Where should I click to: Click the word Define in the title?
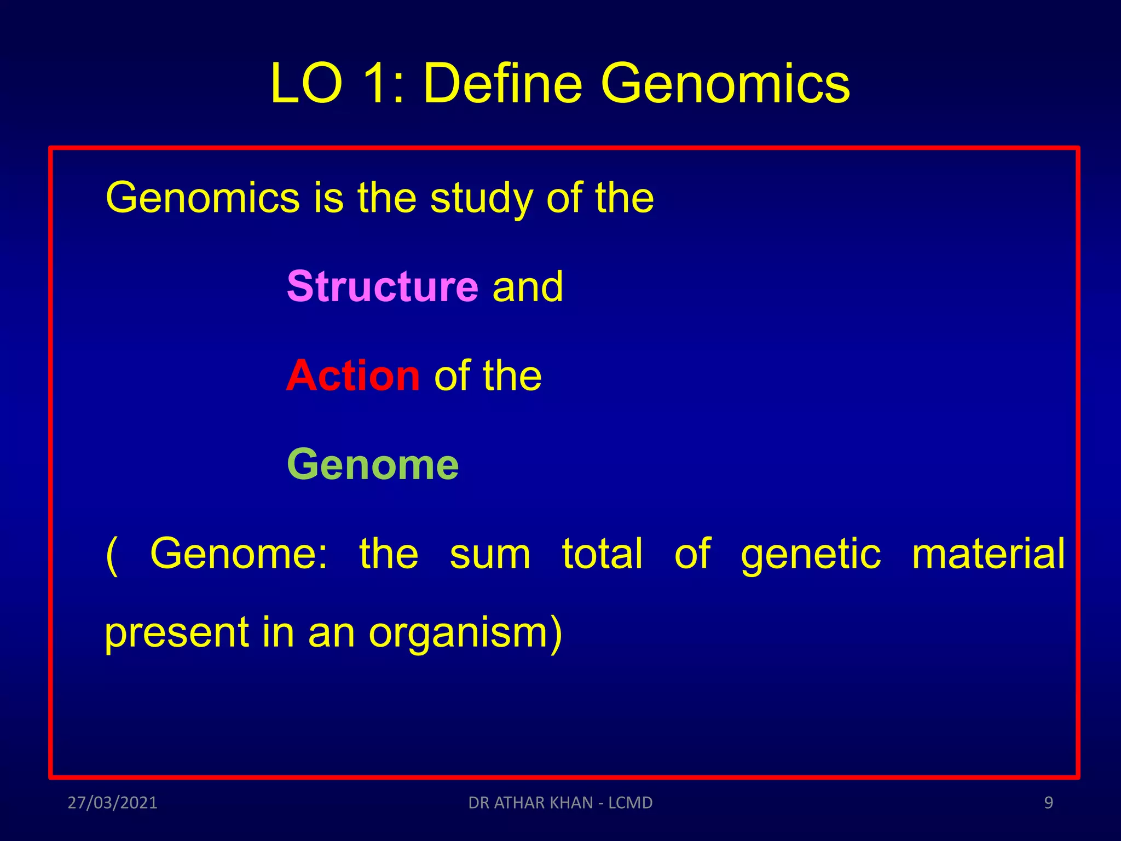(502, 83)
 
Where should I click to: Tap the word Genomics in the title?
(725, 83)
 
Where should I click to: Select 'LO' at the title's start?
(307, 83)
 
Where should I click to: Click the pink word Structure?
(383, 286)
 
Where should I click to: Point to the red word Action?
(353, 376)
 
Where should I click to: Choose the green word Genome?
(373, 464)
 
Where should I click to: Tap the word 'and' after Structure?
(528, 286)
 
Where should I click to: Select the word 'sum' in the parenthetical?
(490, 554)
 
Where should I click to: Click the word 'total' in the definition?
(602, 554)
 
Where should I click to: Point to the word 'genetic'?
(811, 554)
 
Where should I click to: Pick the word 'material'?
(988, 554)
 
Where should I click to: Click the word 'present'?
(176, 633)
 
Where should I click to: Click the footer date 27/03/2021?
(112, 803)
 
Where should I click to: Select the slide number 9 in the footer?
(1048, 803)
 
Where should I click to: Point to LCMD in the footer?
(631, 803)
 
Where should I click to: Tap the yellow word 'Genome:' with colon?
(239, 554)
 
